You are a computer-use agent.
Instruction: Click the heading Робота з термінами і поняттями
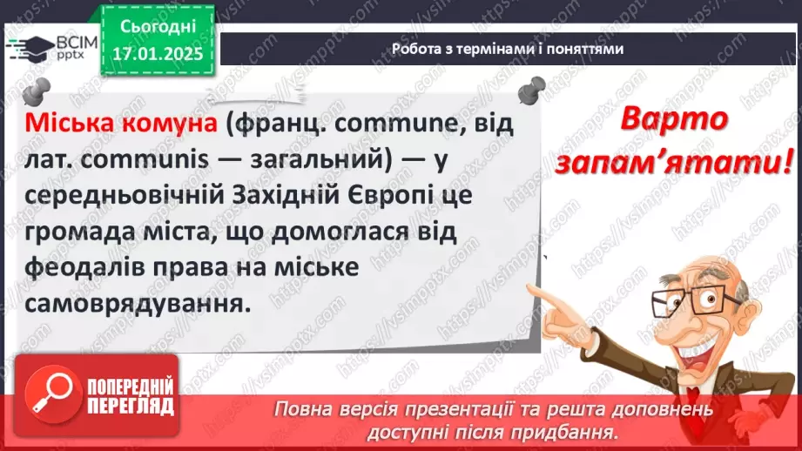click(508, 50)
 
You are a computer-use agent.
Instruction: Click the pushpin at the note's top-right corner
click(531, 89)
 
